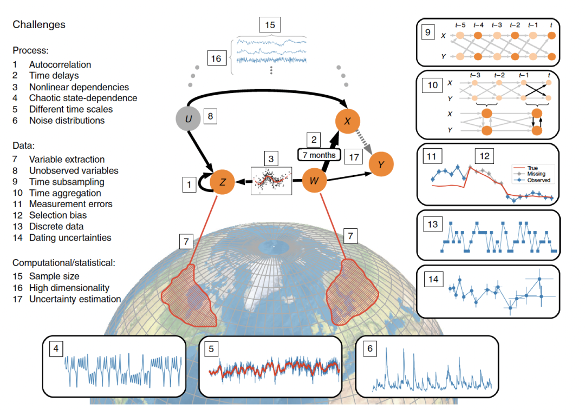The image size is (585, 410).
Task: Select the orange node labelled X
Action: pyautogui.click(x=347, y=120)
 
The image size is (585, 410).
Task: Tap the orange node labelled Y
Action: pyautogui.click(x=381, y=164)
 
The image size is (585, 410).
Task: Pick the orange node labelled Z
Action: pyautogui.click(x=223, y=182)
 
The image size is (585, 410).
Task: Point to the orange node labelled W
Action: pyautogui.click(x=314, y=181)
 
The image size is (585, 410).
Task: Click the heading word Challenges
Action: pyautogui.click(x=38, y=24)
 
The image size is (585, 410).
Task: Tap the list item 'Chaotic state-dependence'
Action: pyautogui.click(x=83, y=98)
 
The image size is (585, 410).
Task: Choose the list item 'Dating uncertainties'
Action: pyautogui.click(x=70, y=237)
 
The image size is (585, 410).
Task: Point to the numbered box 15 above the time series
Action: pyautogui.click(x=270, y=25)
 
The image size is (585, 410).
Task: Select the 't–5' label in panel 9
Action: pyautogui.click(x=460, y=24)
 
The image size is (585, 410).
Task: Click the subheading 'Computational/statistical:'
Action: pyautogui.click(x=63, y=263)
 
